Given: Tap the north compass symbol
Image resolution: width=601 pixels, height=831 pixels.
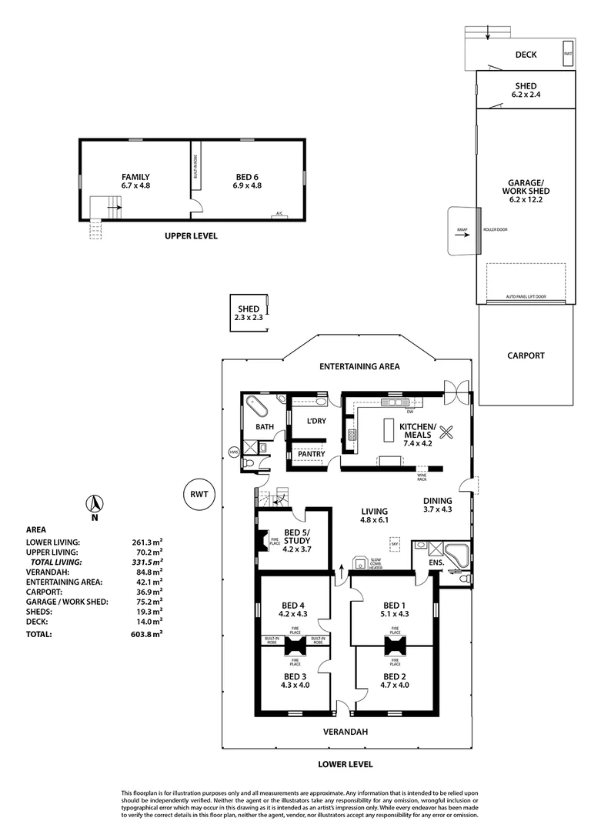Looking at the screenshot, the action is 93,506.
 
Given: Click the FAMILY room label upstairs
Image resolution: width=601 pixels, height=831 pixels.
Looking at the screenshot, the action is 135,181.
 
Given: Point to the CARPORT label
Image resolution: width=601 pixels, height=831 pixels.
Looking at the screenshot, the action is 526,355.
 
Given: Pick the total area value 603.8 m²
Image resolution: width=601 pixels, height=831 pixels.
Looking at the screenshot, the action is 147,635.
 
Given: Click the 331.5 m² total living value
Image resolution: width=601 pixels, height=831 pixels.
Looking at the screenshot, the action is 147,562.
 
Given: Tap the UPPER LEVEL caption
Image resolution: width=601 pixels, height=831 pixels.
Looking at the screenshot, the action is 191,236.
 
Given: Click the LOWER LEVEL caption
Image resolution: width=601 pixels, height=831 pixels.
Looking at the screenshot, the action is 345,764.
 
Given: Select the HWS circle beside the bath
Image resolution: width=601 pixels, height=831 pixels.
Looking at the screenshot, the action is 234,452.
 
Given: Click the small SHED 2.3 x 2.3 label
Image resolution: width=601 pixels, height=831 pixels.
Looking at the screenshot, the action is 248,313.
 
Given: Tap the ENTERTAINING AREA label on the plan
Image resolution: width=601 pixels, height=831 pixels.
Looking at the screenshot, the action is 359,367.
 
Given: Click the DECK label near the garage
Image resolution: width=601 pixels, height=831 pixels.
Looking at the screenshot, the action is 526,55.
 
